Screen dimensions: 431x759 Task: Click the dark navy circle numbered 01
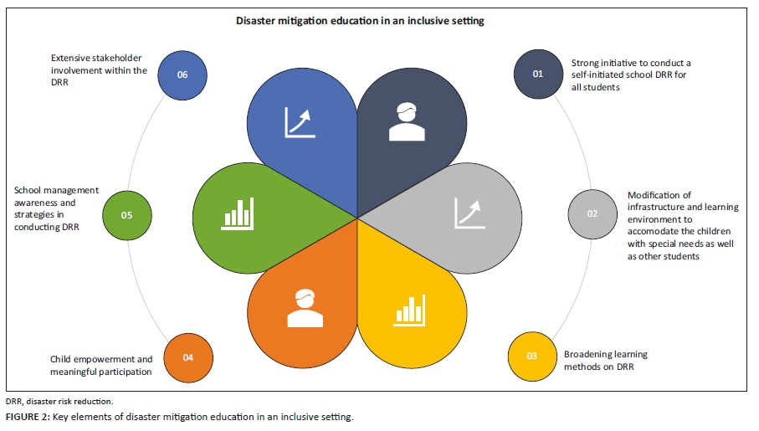click(537, 74)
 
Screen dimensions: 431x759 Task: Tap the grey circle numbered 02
click(592, 213)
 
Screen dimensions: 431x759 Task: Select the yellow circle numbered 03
click(531, 356)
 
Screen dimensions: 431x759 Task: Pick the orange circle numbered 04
click(187, 357)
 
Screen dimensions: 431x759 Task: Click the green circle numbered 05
click(126, 215)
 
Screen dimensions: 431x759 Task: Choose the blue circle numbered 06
click(182, 74)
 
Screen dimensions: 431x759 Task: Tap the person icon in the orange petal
click(305, 308)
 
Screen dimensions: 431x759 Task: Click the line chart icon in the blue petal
click(301, 121)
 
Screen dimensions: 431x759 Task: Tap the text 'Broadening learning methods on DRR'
click(605, 361)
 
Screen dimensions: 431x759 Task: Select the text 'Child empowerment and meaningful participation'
click(101, 366)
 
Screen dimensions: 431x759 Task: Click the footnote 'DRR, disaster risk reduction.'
click(53, 402)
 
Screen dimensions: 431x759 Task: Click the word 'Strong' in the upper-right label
click(586, 63)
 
